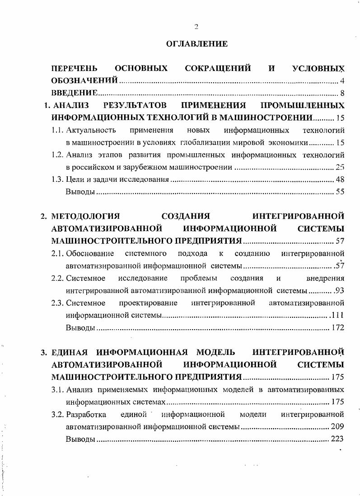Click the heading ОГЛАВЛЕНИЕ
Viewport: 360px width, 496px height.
[196, 44]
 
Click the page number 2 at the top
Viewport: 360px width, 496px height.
[196, 26]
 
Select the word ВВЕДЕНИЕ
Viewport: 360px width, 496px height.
[75, 94]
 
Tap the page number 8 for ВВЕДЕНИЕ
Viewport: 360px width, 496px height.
[342, 94]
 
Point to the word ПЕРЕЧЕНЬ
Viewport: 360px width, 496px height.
[74, 69]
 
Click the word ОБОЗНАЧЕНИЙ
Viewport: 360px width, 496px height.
[85, 81]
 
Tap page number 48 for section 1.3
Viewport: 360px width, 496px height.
[340, 180]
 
